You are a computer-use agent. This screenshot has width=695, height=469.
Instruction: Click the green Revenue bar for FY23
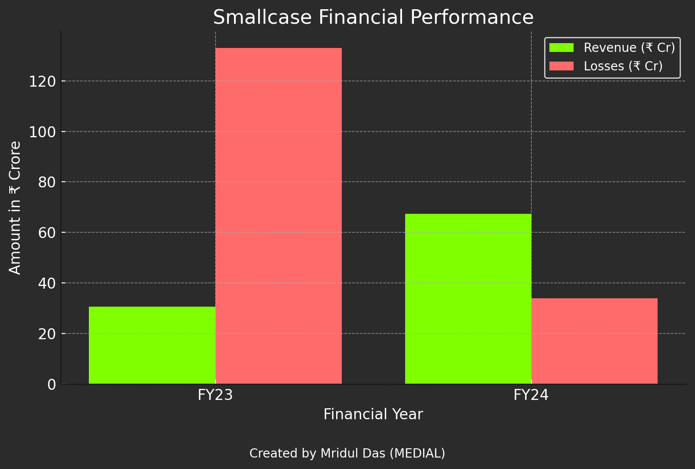click(152, 345)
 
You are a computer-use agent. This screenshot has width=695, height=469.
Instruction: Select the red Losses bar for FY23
click(278, 216)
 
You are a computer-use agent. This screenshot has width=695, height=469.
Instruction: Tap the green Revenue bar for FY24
click(468, 299)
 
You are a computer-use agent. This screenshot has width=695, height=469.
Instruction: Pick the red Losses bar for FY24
click(594, 341)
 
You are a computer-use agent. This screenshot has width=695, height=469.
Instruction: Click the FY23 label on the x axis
click(215, 395)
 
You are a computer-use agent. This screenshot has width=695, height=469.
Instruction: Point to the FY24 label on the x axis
click(531, 395)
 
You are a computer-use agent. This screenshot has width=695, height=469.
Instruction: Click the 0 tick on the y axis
click(51, 385)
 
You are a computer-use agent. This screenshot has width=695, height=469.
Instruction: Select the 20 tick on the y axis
click(47, 334)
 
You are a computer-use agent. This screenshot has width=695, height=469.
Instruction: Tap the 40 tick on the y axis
click(47, 283)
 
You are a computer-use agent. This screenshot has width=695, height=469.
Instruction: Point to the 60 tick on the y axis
click(47, 233)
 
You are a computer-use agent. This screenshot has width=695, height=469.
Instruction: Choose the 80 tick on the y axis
click(47, 182)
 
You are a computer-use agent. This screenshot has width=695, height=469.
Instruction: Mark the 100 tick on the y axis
click(43, 132)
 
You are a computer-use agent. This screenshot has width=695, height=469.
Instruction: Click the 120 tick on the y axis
click(43, 81)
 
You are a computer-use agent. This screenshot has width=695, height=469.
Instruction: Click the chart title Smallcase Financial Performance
click(373, 18)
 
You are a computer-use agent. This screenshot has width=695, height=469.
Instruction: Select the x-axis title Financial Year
click(373, 414)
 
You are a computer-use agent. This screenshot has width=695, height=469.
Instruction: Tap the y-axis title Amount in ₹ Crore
click(15, 208)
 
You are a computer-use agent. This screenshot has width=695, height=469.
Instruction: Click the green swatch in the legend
click(561, 48)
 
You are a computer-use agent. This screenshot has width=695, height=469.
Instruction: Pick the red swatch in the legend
click(561, 66)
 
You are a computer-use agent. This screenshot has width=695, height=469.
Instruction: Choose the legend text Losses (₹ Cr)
click(623, 66)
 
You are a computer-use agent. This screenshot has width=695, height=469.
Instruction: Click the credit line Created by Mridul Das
click(347, 453)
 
